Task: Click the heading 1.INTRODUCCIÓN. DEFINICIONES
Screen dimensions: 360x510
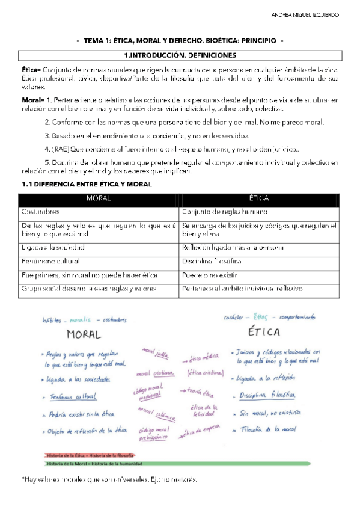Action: tap(180, 55)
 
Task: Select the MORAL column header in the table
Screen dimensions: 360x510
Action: tap(99, 198)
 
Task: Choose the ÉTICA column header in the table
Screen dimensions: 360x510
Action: tap(258, 198)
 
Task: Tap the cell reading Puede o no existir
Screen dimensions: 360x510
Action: tap(209, 275)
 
